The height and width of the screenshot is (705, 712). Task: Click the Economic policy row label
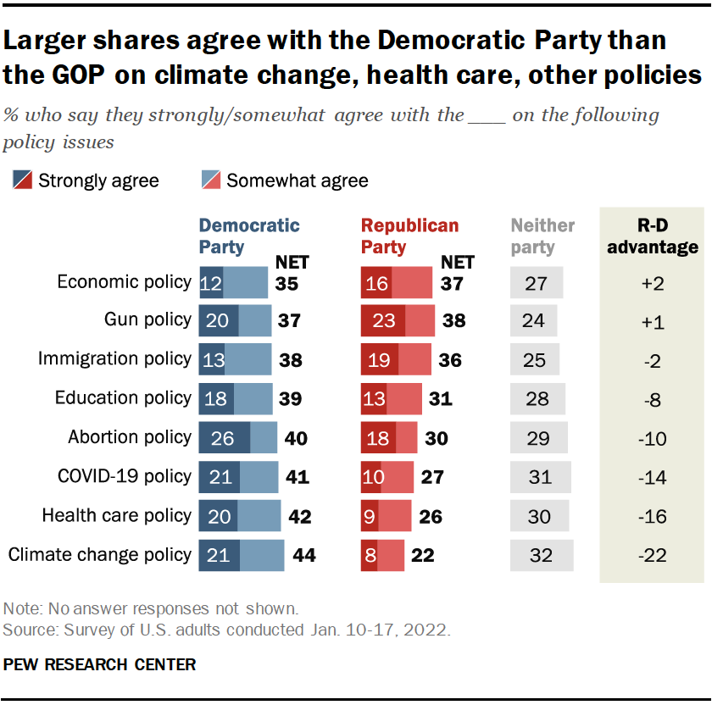[x=124, y=282]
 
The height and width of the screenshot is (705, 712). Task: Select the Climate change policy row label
[x=99, y=555]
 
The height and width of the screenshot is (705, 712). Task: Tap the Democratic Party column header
[x=248, y=236]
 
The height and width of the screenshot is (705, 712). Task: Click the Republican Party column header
[x=409, y=236]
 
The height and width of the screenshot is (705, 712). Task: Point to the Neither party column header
[x=542, y=236]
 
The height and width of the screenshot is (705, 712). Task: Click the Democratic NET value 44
[x=303, y=556]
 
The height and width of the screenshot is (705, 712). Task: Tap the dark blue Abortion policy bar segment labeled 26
[x=224, y=438]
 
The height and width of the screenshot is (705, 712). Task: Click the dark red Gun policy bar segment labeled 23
[x=381, y=321]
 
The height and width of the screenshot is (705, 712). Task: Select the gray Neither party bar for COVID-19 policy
[x=540, y=477]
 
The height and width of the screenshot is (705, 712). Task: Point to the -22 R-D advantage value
[x=652, y=556]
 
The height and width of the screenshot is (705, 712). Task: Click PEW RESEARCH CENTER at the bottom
[x=99, y=665]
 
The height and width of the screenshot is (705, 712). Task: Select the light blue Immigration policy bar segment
[x=248, y=360]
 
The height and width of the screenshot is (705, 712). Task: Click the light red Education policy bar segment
[x=403, y=399]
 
